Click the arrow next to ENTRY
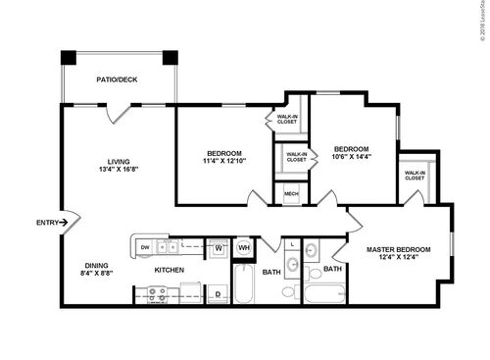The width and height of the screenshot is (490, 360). [x=65, y=223]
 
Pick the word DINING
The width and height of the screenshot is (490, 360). [x=96, y=264]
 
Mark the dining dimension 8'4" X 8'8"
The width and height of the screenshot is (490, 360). [x=96, y=274]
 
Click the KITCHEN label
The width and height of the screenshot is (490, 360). [x=170, y=270]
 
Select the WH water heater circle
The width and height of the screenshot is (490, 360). [x=244, y=248]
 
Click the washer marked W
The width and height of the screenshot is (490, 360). [x=220, y=248]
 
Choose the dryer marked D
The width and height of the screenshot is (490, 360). [x=219, y=292]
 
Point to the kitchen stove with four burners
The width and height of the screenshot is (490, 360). [x=153, y=291]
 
